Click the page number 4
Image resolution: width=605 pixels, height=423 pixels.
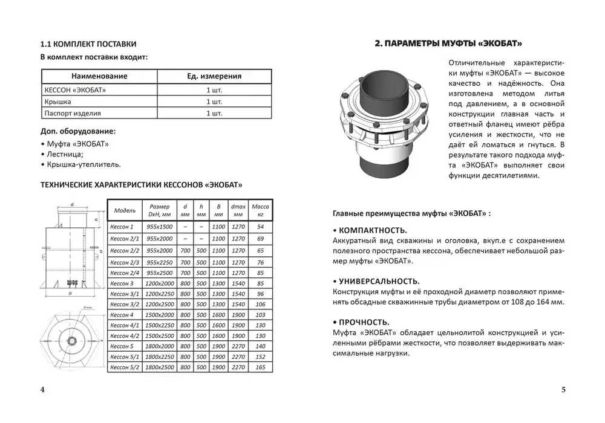pyautogui.click(x=42, y=389)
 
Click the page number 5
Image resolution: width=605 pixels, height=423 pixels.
pyautogui.click(x=563, y=389)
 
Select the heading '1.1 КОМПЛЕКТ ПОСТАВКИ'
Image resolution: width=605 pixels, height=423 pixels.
pyautogui.click(x=88, y=44)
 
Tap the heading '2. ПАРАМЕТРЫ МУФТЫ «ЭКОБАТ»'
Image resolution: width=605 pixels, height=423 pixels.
pyautogui.click(x=448, y=44)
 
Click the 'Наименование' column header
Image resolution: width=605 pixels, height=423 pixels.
pyautogui.click(x=99, y=76)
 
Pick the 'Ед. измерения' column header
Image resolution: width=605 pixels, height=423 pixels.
pyautogui.click(x=214, y=76)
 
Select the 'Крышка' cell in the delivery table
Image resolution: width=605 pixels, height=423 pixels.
pyautogui.click(x=59, y=102)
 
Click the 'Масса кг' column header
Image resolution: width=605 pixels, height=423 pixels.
pyautogui.click(x=261, y=210)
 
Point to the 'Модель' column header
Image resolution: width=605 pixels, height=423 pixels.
pyautogui.click(x=125, y=210)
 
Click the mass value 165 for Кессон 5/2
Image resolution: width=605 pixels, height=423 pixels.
pyautogui.click(x=261, y=367)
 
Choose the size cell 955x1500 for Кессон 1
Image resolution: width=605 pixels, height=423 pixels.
pyautogui.click(x=160, y=227)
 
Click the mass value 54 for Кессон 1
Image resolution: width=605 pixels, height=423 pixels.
pyautogui.click(x=261, y=227)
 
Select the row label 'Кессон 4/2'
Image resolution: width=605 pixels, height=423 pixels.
pyautogui.click(x=125, y=335)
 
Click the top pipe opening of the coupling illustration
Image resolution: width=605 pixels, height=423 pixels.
pyautogui.click(x=379, y=81)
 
